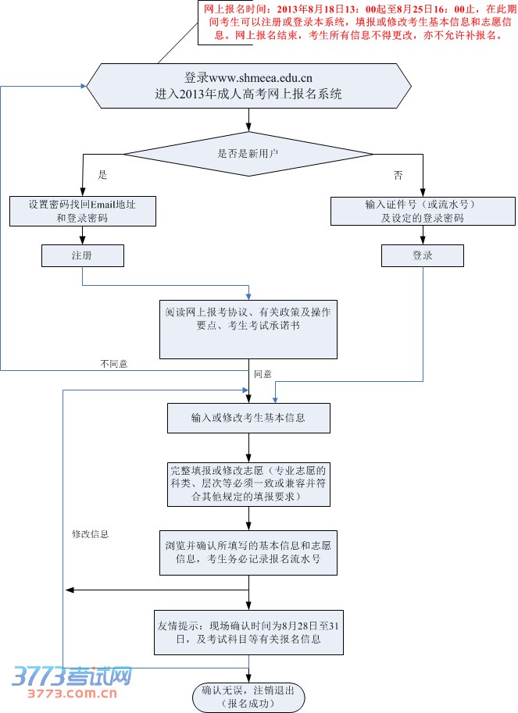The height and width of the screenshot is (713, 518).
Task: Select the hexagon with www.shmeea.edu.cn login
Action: [x=248, y=86]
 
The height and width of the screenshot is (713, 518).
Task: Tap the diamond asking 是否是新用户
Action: [x=248, y=154]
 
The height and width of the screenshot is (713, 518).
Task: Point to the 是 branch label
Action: [x=102, y=175]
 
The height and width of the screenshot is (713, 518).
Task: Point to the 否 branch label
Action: [x=398, y=175]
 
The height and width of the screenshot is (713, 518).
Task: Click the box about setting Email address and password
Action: [x=81, y=211]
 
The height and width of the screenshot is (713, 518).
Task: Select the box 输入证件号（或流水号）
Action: [x=422, y=211]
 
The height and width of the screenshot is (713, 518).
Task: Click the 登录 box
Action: [x=422, y=255]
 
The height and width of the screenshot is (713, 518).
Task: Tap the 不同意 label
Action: [x=113, y=364]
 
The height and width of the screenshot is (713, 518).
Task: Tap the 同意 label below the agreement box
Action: [x=263, y=375]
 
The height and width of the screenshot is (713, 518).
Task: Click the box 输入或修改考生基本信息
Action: [x=248, y=418]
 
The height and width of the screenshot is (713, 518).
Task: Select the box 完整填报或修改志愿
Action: [x=248, y=483]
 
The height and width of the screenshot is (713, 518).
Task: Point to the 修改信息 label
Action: [x=90, y=534]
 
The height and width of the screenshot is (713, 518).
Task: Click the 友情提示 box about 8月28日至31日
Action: [x=248, y=633]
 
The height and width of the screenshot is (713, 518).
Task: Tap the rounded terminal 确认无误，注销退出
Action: [x=248, y=697]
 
